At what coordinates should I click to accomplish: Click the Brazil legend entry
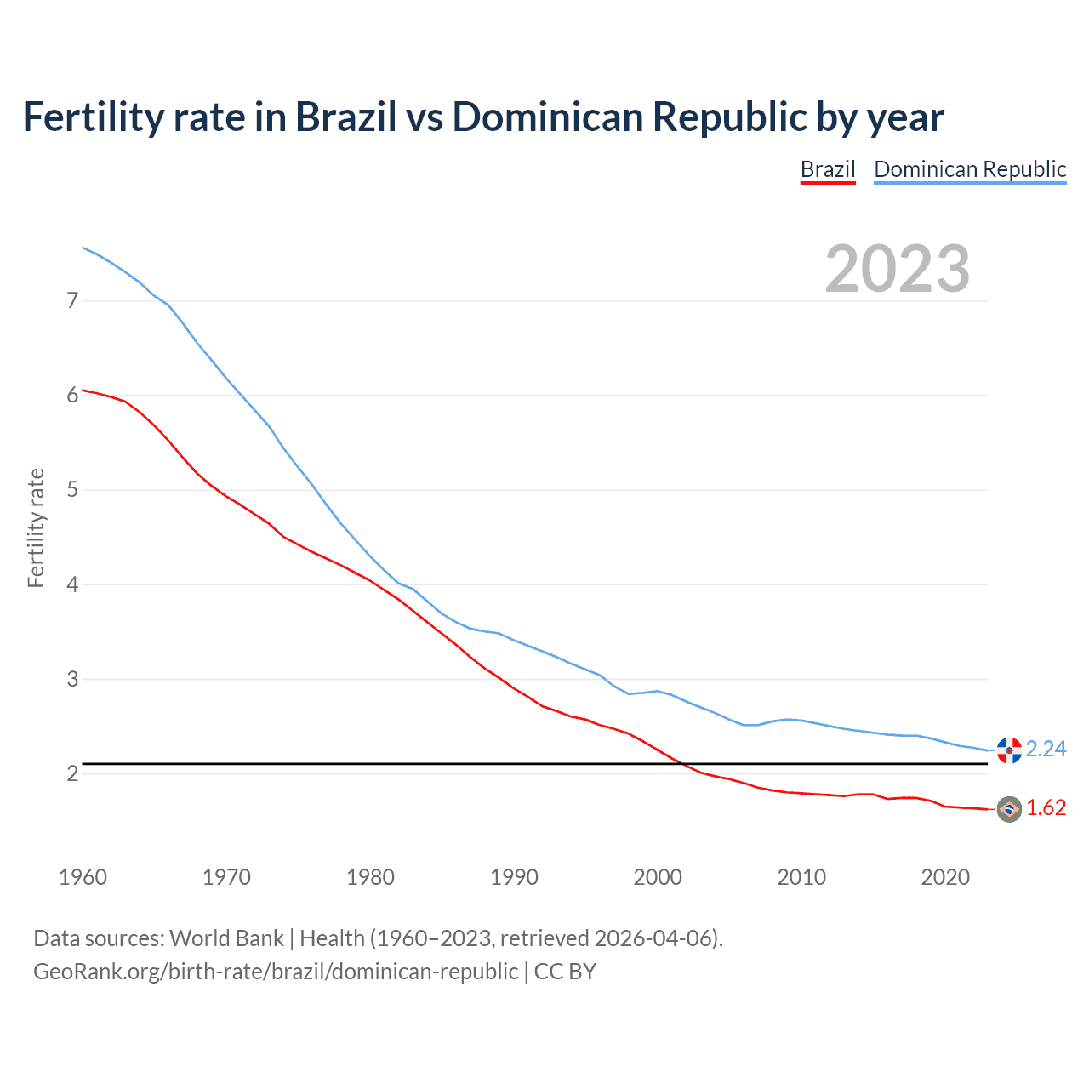pyautogui.click(x=827, y=169)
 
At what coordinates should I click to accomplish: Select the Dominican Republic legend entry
pyautogui.click(x=970, y=169)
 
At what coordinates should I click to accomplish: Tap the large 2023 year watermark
pyautogui.click(x=898, y=269)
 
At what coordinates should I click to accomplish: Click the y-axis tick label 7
pyautogui.click(x=72, y=300)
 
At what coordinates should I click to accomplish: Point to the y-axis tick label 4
pyautogui.click(x=72, y=584)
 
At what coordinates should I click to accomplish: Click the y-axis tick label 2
pyautogui.click(x=72, y=773)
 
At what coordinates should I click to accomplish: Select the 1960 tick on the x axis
pyautogui.click(x=83, y=877)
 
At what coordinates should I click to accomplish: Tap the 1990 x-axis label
pyautogui.click(x=514, y=877)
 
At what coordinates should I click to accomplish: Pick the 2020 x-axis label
pyautogui.click(x=945, y=877)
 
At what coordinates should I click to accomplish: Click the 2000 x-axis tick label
pyautogui.click(x=658, y=877)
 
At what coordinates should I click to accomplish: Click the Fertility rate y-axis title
pyautogui.click(x=36, y=527)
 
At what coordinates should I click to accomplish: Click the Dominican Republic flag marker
pyautogui.click(x=1009, y=750)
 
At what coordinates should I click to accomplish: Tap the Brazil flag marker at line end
pyautogui.click(x=1009, y=809)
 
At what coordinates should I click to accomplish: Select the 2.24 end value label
pyautogui.click(x=1046, y=749)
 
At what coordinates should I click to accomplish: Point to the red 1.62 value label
pyautogui.click(x=1046, y=808)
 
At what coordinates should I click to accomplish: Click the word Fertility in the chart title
pyautogui.click(x=93, y=117)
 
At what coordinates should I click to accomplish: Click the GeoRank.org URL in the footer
pyautogui.click(x=276, y=972)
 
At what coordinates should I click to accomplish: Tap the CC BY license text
pyautogui.click(x=565, y=972)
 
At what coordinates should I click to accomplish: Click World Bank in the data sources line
pyautogui.click(x=226, y=938)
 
